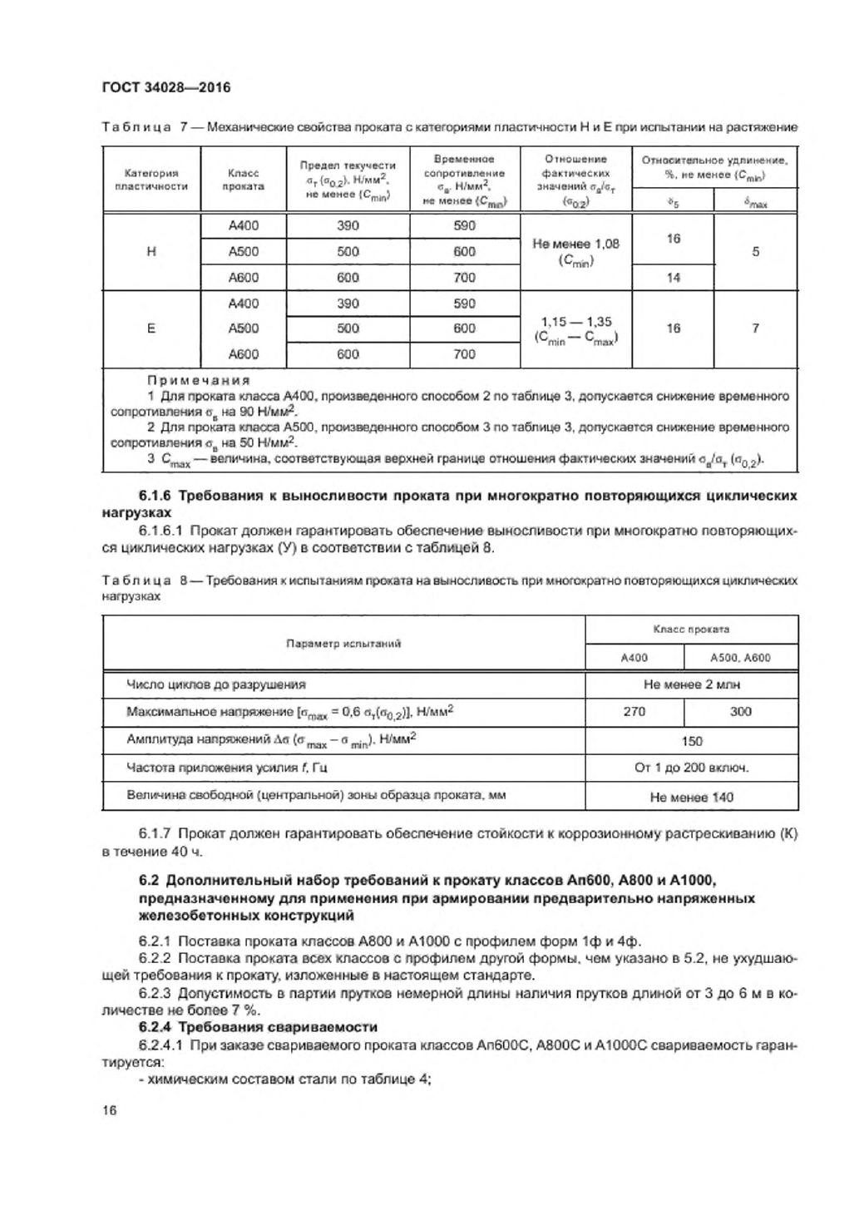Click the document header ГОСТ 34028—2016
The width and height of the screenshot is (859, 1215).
(165, 87)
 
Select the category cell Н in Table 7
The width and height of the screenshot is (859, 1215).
(151, 252)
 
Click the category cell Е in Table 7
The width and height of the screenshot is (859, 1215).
(151, 328)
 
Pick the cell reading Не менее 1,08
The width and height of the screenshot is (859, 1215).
(575, 244)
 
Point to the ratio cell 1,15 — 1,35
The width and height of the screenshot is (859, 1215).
(575, 322)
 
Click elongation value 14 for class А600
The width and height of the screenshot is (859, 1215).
(673, 278)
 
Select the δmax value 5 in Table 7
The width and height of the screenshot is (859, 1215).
(755, 252)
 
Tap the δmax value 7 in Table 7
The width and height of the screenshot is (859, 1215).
(755, 328)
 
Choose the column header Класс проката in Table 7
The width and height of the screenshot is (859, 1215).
(244, 180)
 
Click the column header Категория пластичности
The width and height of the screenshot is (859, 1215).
(151, 180)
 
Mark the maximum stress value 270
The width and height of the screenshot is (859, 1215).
(634, 712)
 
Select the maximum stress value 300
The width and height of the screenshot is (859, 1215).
(740, 712)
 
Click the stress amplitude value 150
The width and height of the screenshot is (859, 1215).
(691, 741)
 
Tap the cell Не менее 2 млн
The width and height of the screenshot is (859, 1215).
(691, 684)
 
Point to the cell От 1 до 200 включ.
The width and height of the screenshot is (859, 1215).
(691, 768)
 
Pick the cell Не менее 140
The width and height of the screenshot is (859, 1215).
(691, 797)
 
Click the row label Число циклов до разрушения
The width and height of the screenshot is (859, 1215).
(215, 684)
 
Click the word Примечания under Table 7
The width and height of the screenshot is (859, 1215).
(198, 380)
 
